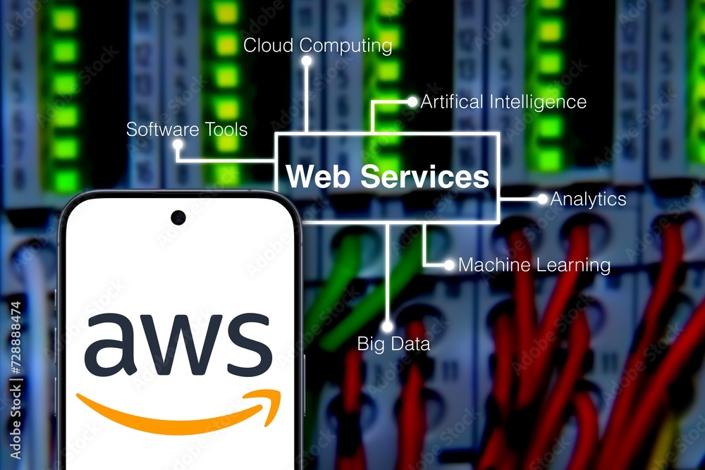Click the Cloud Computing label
click(x=317, y=46)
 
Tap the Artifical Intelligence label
click(x=503, y=102)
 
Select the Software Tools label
click(x=187, y=130)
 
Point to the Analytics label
click(x=588, y=199)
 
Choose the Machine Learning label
click(x=534, y=266)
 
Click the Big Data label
click(x=393, y=345)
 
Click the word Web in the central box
click(x=318, y=176)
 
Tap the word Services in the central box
click(x=425, y=176)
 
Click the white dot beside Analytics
click(x=542, y=199)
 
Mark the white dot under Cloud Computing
click(x=307, y=61)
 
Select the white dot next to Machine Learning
click(x=449, y=266)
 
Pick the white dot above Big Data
click(x=387, y=326)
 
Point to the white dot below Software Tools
click(x=178, y=144)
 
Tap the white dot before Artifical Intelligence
click(x=412, y=102)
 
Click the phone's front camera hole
click(x=178, y=217)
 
